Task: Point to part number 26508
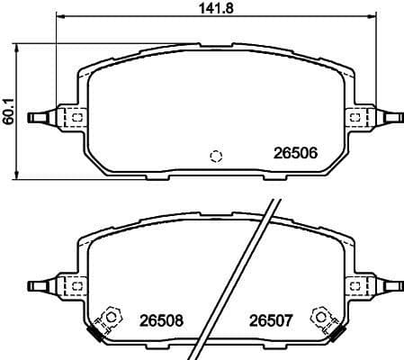coord(159,319)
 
